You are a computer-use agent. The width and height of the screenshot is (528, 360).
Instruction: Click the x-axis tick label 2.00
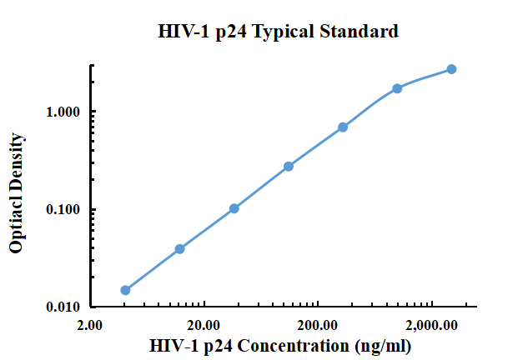pyautogui.click(x=90, y=325)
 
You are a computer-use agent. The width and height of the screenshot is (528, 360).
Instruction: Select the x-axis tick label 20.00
pyautogui.click(x=204, y=325)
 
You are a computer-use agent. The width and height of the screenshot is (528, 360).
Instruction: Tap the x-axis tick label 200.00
pyautogui.click(x=317, y=325)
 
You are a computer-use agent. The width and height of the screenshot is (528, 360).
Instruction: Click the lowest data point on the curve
pyautogui.click(x=125, y=290)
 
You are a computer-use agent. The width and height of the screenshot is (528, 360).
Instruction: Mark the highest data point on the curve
pyautogui.click(x=451, y=69)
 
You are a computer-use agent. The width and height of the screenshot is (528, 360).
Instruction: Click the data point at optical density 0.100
pyautogui.click(x=234, y=208)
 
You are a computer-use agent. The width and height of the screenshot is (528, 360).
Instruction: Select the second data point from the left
pyautogui.click(x=179, y=248)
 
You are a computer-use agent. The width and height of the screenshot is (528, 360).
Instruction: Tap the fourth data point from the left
pyautogui.click(x=289, y=167)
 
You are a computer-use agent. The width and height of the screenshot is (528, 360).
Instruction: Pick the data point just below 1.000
pyautogui.click(x=343, y=127)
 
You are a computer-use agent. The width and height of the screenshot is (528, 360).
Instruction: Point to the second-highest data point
pyautogui.click(x=397, y=88)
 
